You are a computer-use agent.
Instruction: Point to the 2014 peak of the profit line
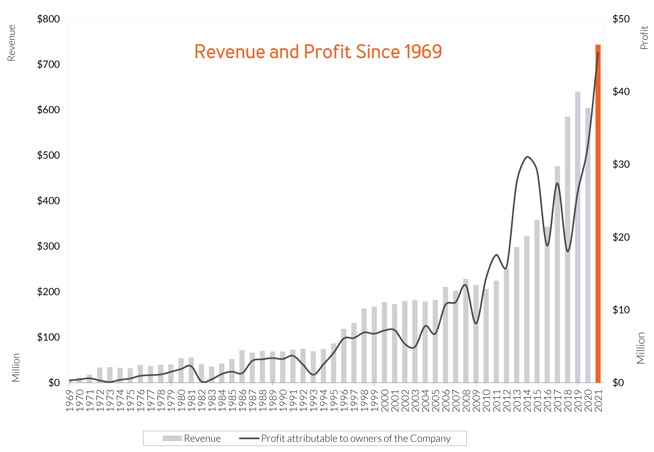coord(527,157)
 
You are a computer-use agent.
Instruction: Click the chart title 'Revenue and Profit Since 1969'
coord(318,52)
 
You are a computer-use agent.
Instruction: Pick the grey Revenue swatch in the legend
coord(172,438)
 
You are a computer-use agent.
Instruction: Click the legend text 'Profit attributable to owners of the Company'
coord(356,438)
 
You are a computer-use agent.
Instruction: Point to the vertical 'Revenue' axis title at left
coord(11,43)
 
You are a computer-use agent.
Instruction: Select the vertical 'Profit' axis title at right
coord(644,38)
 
